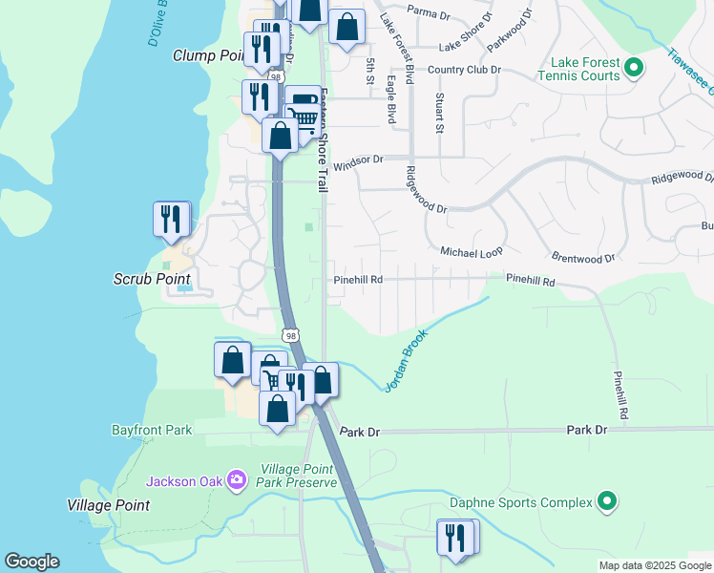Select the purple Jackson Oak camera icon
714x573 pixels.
coord(238,480)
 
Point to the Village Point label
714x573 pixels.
coord(108,505)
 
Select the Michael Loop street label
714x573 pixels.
coord(471,251)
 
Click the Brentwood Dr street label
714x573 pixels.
coord(583,258)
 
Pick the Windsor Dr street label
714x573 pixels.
coord(358,159)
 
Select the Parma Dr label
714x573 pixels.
coord(428,13)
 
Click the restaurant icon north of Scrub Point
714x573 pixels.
coord(170,219)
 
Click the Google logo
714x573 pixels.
coord(31,562)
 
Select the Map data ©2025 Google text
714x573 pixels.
coord(654,565)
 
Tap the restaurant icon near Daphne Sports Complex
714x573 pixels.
coord(454,537)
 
